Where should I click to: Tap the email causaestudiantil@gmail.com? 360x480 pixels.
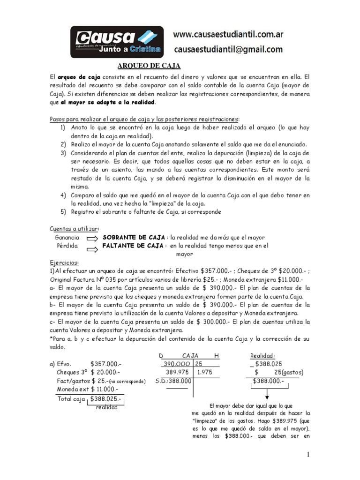(228, 49)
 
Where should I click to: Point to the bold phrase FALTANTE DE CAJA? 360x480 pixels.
(133, 245)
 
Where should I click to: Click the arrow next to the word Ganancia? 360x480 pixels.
(92, 238)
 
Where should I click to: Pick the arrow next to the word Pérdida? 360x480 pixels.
(92, 246)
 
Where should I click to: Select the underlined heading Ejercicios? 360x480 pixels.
(65, 263)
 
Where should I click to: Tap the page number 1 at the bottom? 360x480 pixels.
(308, 454)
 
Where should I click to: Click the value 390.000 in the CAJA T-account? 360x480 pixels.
(177, 364)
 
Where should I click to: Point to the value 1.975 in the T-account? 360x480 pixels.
(205, 372)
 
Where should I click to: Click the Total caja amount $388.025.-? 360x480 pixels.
(106, 398)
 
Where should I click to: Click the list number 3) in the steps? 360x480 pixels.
(63, 153)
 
